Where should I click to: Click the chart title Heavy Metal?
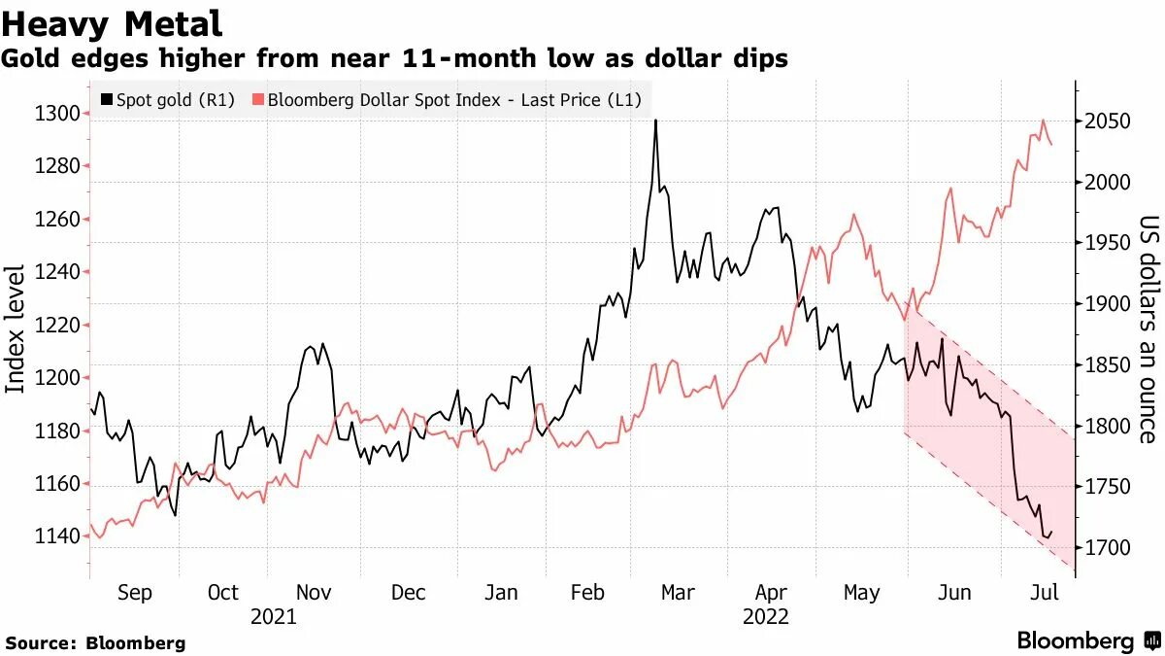(113, 23)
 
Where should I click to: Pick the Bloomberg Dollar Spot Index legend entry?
(448, 99)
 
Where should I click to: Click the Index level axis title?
(17, 328)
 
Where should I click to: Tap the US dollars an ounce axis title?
(1148, 328)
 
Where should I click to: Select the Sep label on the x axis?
(134, 593)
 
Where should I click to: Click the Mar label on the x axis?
(677, 593)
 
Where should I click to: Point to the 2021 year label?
(274, 616)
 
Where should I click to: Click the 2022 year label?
(765, 616)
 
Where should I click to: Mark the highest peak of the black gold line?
(656, 121)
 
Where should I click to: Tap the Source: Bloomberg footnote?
(95, 643)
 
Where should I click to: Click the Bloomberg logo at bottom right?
(1087, 640)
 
